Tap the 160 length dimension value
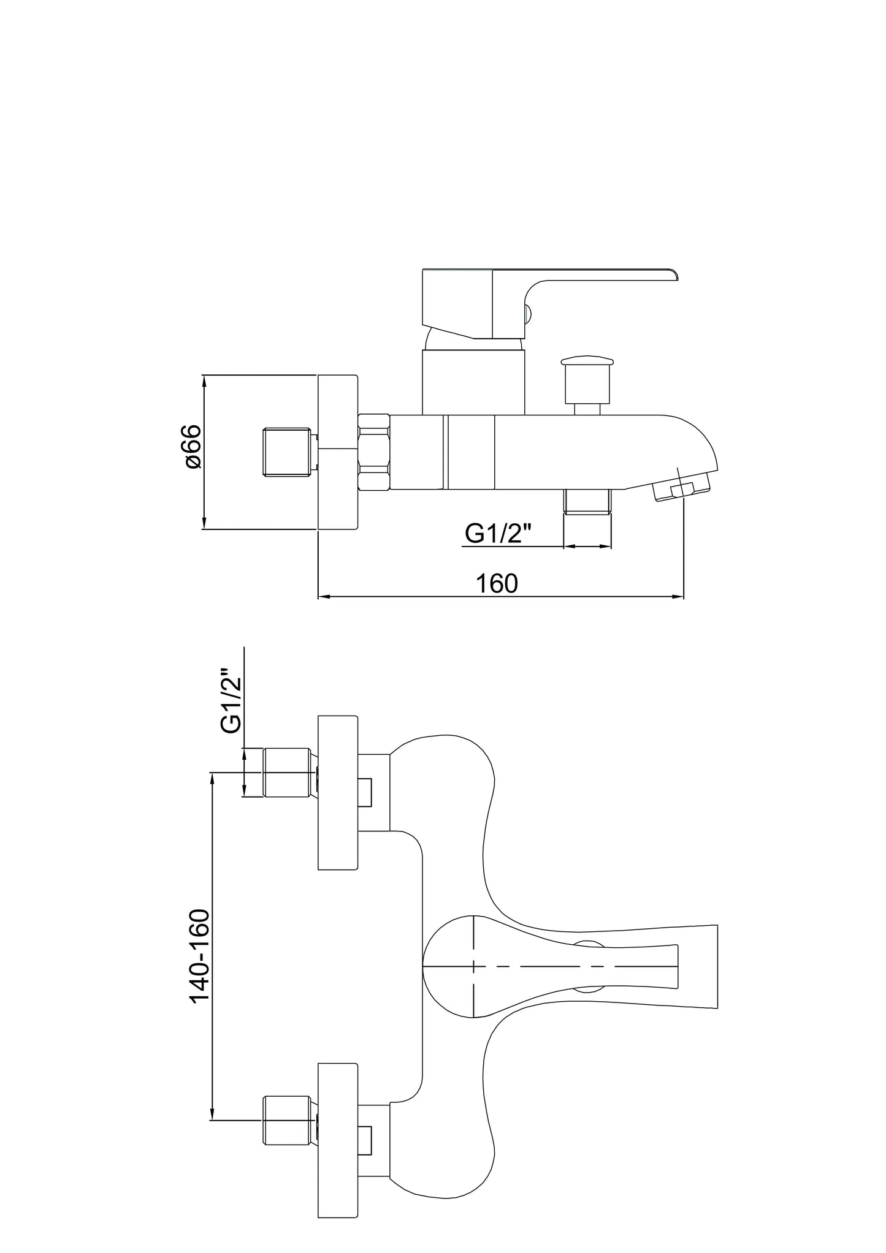(x=497, y=583)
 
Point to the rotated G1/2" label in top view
(x=231, y=700)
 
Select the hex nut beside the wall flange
(x=373, y=452)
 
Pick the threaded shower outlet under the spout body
(x=587, y=501)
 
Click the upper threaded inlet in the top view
(x=288, y=773)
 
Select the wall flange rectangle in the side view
(x=338, y=452)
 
